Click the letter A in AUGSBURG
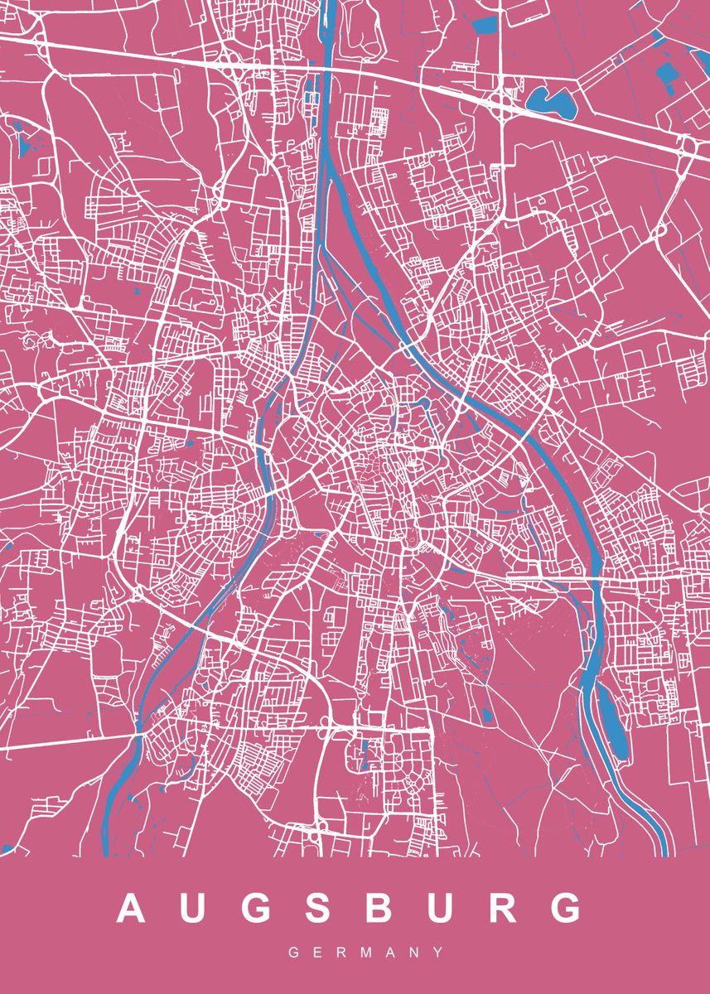(133, 908)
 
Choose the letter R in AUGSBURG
(504, 908)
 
